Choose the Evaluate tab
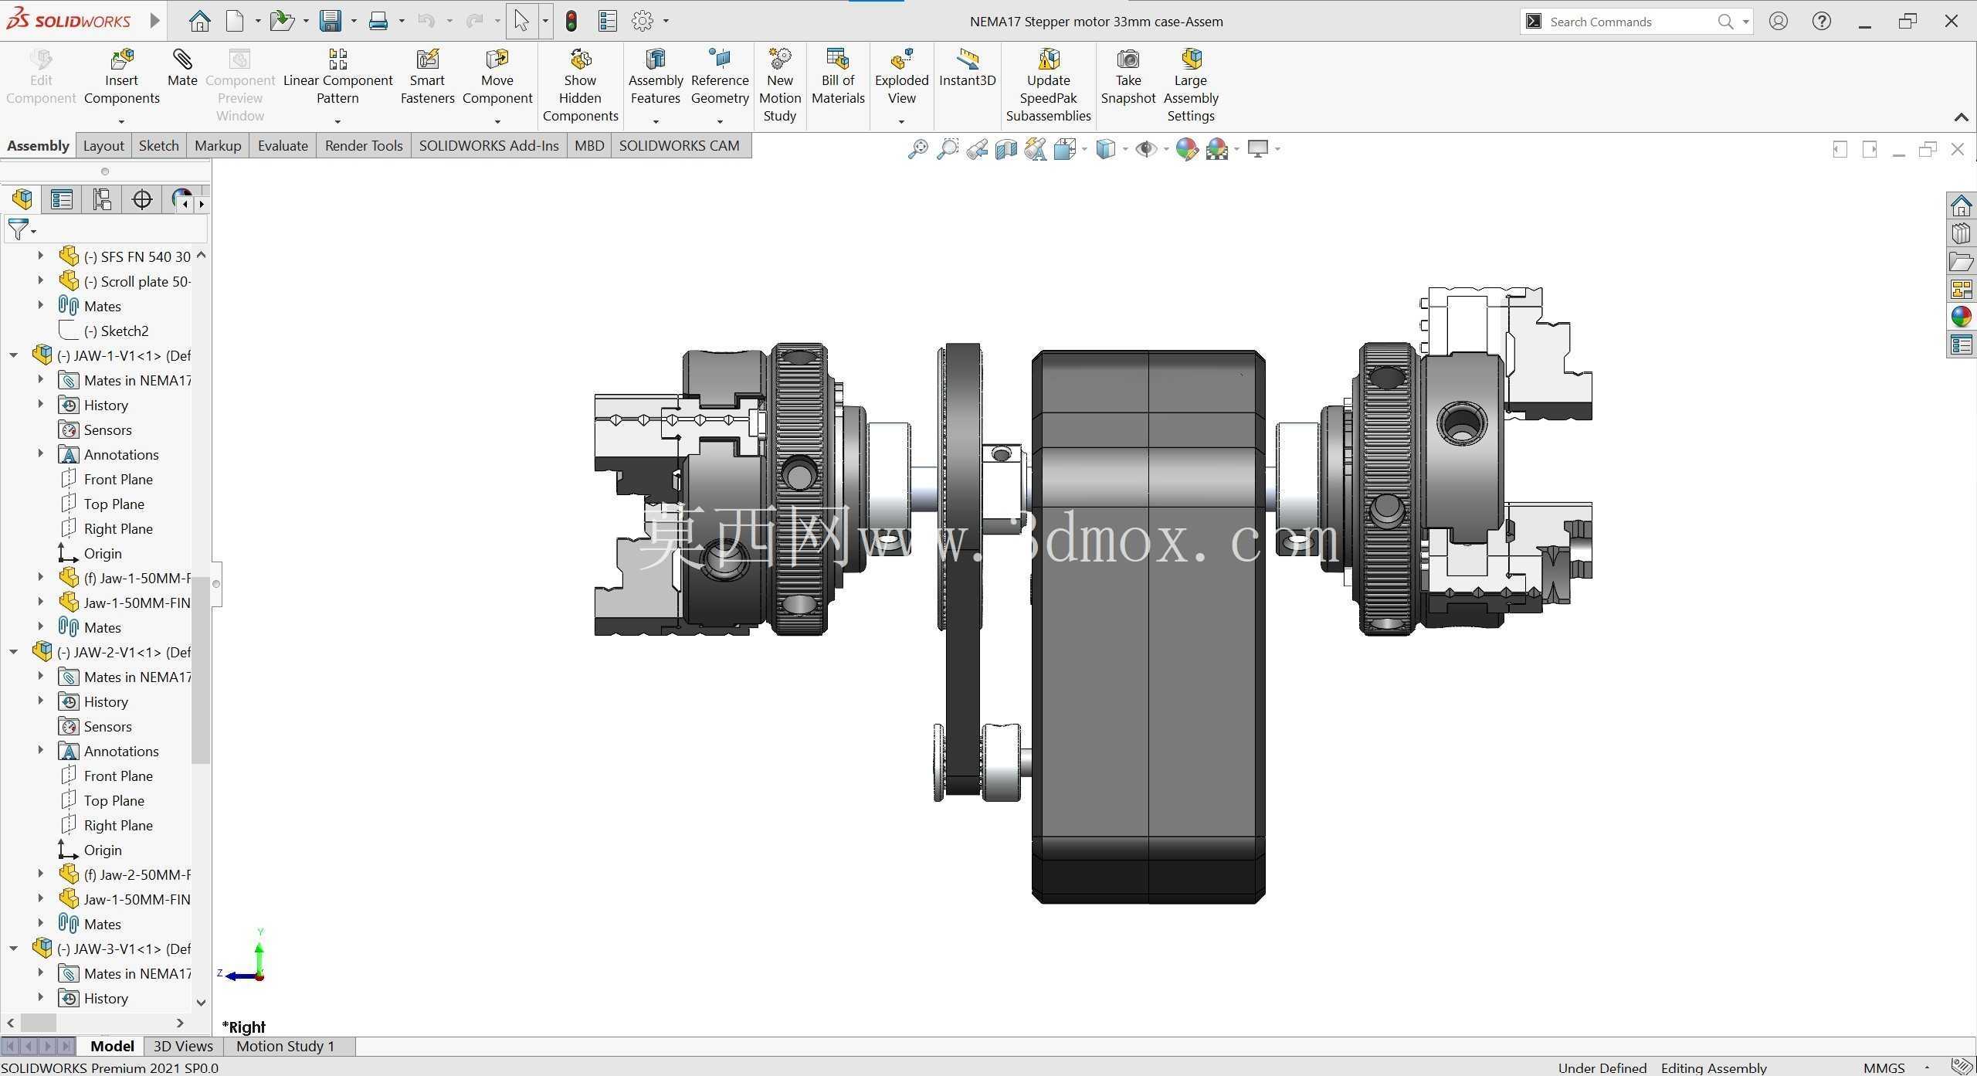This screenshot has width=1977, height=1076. (x=283, y=145)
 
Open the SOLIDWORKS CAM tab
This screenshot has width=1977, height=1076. (x=679, y=145)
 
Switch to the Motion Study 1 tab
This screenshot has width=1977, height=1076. (x=285, y=1046)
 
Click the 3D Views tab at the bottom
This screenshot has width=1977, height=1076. (x=183, y=1046)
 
